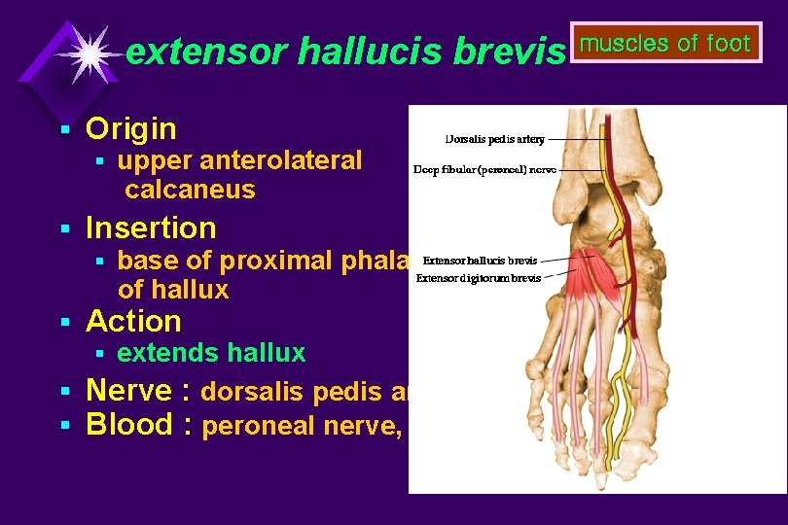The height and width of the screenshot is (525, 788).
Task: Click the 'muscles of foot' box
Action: (666, 44)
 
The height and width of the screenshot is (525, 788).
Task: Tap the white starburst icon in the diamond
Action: (89, 54)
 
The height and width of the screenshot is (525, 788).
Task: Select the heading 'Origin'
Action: (131, 128)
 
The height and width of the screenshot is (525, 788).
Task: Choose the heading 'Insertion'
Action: (151, 227)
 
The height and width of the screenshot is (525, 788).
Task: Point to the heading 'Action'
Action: (133, 321)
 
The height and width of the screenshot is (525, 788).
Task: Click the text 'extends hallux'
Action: (211, 353)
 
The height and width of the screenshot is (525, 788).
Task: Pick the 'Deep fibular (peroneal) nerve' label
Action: (484, 169)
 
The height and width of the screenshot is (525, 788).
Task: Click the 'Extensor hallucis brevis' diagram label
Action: (480, 261)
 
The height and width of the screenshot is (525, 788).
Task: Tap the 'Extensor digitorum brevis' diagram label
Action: (479, 278)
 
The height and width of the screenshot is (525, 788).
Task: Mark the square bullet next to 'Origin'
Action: (64, 129)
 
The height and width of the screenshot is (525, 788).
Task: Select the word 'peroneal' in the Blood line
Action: (258, 427)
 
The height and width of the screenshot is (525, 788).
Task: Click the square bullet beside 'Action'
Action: (64, 322)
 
